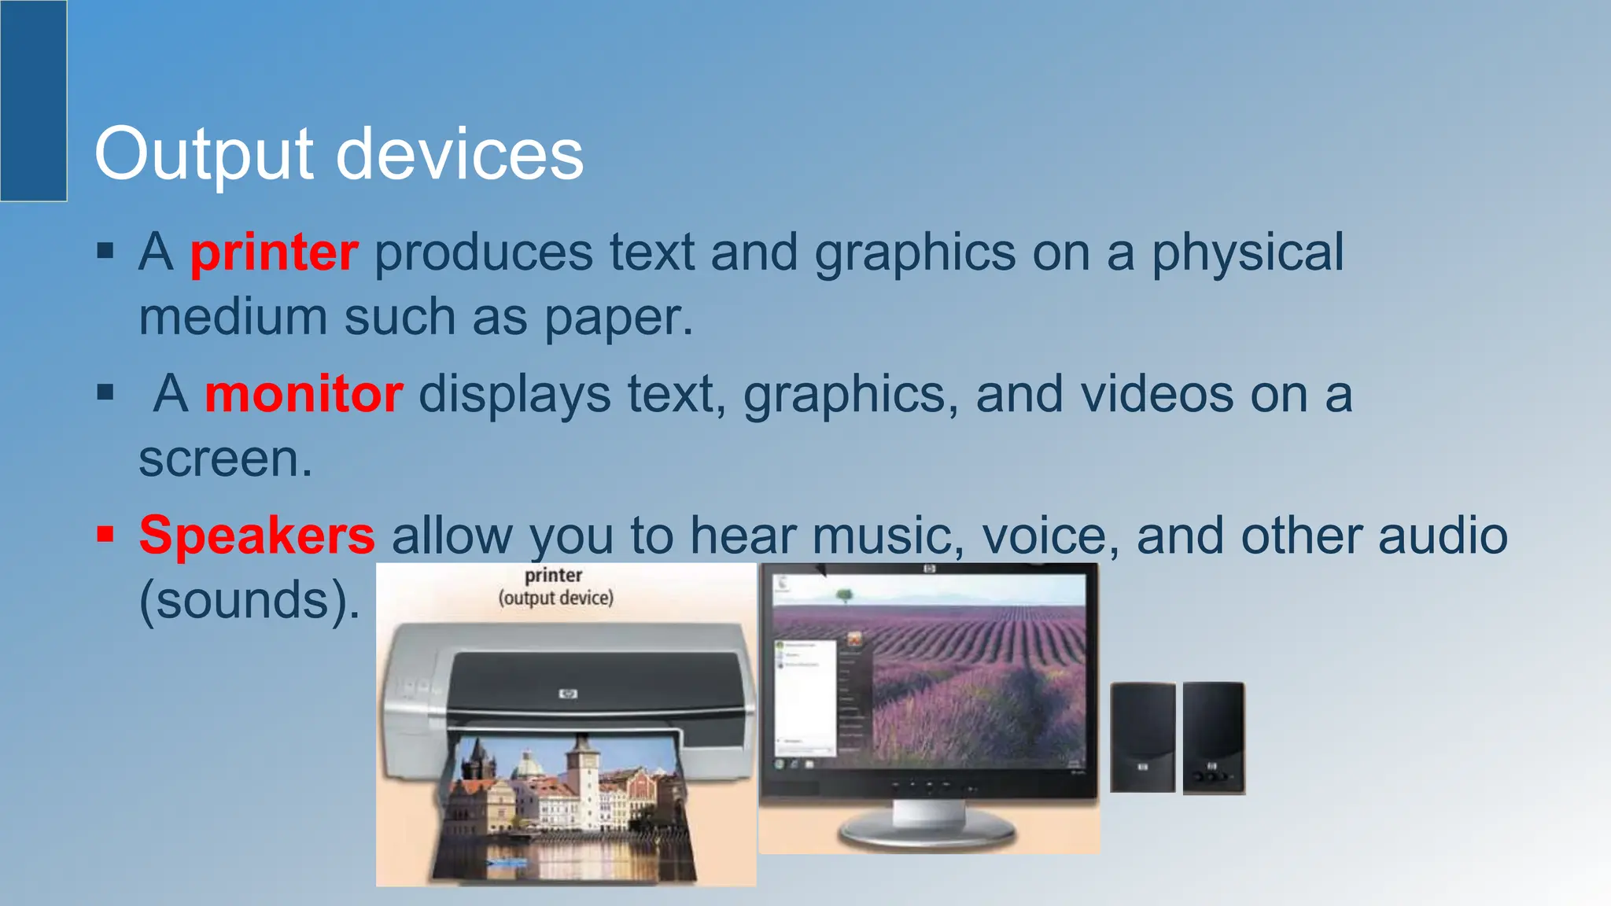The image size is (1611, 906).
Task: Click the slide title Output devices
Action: click(338, 154)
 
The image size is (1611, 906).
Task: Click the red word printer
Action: click(274, 253)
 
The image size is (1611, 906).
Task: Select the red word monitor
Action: click(304, 394)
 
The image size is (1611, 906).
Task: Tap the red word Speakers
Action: click(256, 536)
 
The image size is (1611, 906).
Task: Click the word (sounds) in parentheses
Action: click(244, 600)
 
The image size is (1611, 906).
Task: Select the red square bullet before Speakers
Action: click(105, 535)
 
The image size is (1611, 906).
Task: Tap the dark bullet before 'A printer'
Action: click(105, 252)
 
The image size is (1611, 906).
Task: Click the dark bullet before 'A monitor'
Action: click(105, 392)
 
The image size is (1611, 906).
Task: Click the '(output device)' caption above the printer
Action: click(555, 598)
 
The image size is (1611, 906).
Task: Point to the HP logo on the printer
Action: click(568, 694)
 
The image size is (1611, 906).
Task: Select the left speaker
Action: click(1142, 737)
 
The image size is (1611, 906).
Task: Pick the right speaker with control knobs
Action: click(1214, 738)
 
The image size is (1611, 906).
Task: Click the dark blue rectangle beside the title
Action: click(33, 101)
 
